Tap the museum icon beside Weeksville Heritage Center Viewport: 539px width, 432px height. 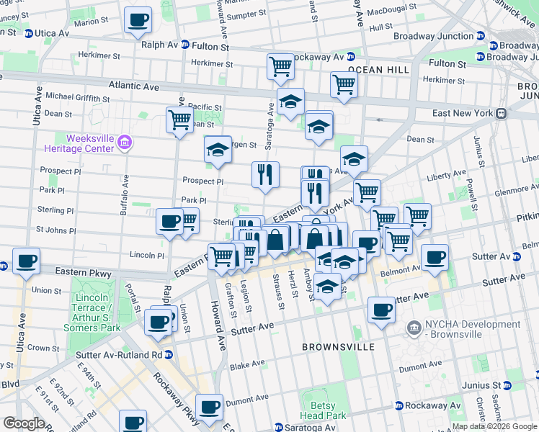(126, 143)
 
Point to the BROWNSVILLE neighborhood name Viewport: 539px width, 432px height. (338, 347)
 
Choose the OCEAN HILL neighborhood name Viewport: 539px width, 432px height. (378, 70)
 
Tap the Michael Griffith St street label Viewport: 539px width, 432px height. (79, 96)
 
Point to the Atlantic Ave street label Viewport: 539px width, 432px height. (133, 86)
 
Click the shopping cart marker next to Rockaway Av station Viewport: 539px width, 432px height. (280, 67)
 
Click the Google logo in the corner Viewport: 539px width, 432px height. (23, 423)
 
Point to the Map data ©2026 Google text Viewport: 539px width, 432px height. (494, 426)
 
